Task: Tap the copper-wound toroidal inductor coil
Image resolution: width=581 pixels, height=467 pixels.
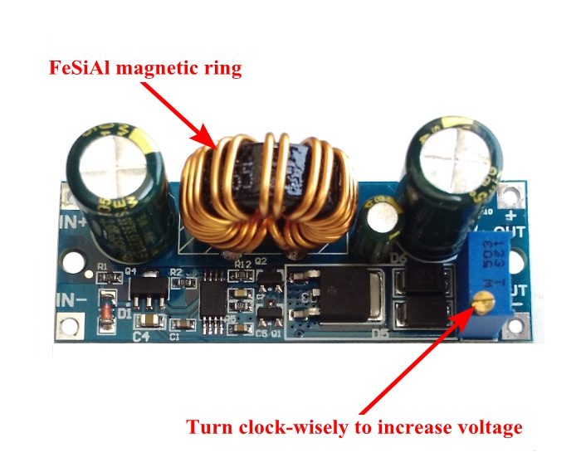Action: pyautogui.click(x=266, y=195)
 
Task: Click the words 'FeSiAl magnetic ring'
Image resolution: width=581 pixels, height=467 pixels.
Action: pyautogui.click(x=144, y=68)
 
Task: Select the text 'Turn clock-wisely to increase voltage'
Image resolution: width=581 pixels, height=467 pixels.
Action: pyautogui.click(x=354, y=427)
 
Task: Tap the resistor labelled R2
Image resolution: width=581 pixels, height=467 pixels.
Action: pyautogui.click(x=175, y=281)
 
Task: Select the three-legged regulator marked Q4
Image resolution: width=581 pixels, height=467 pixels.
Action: pyautogui.click(x=143, y=286)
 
